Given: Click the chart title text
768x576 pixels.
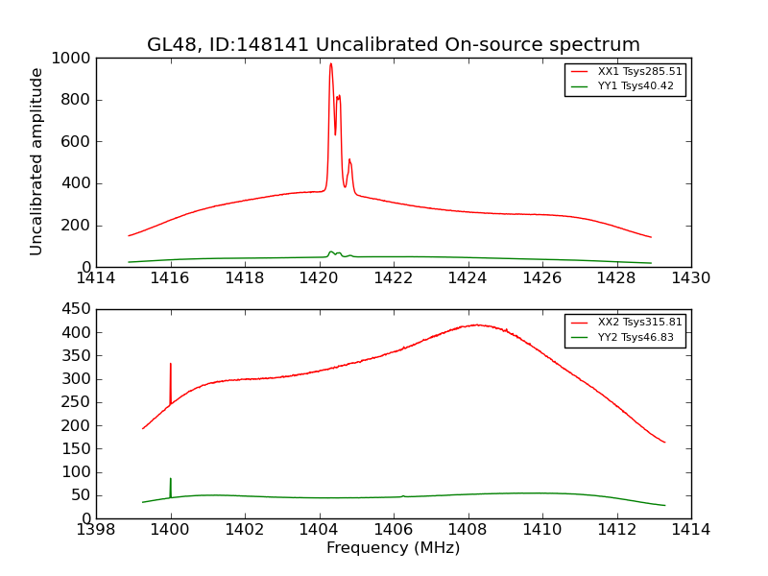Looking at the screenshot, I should pyautogui.click(x=393, y=45).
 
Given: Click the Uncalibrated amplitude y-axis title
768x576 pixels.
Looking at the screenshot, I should pyautogui.click(x=37, y=161).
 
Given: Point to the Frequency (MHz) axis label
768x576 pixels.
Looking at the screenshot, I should pyautogui.click(x=393, y=548).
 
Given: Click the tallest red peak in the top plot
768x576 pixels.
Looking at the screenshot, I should pyautogui.click(x=330, y=64).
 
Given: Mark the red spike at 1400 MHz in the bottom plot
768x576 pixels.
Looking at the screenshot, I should pyautogui.click(x=171, y=365).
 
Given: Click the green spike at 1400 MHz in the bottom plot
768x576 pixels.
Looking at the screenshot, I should pyautogui.click(x=171, y=479).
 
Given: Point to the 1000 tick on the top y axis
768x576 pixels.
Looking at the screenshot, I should pyautogui.click(x=72, y=59).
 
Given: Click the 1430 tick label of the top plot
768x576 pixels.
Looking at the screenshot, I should pyautogui.click(x=690, y=278).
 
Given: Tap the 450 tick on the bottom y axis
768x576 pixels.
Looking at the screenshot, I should pyautogui.click(x=77, y=309).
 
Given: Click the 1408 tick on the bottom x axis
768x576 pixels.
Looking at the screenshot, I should pyautogui.click(x=468, y=530).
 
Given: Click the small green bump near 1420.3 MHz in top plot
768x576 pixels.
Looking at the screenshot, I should pyautogui.click(x=331, y=252).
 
